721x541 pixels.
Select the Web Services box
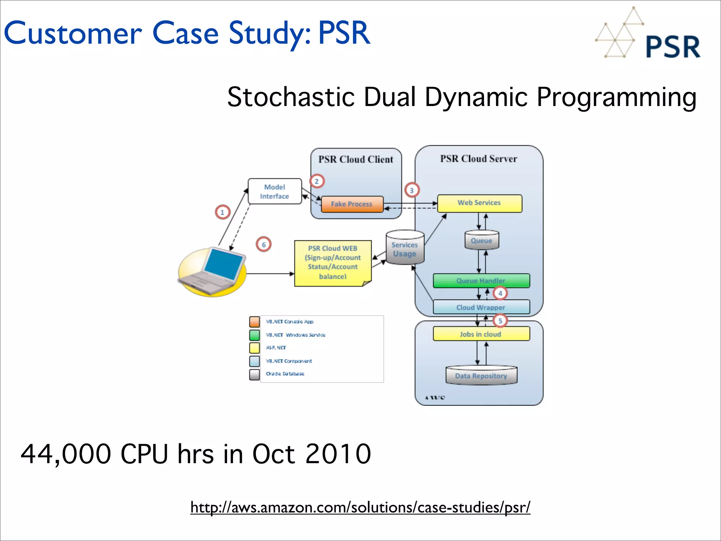[479, 203]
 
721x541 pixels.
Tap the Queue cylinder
[481, 241]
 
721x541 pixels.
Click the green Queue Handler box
[481, 281]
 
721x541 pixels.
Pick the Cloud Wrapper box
[481, 307]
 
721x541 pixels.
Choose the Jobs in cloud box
[481, 334]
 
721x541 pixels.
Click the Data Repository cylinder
[481, 375]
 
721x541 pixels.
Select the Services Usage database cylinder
[405, 249]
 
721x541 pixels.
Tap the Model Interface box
[275, 192]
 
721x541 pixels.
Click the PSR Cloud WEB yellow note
[333, 263]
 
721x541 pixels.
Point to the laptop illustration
[212, 272]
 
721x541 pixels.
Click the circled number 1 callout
[222, 212]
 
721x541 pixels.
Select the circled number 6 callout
[264, 244]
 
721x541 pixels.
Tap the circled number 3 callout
[412, 191]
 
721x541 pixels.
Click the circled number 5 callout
[500, 321]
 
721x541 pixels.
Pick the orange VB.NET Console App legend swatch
[254, 322]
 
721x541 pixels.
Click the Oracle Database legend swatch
[254, 374]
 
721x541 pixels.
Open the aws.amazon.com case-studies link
[360, 508]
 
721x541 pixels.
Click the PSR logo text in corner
[673, 47]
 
